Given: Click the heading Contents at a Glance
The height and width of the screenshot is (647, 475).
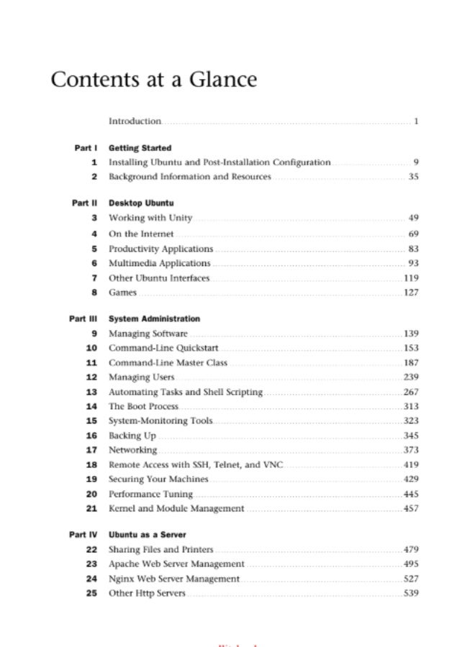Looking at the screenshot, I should point(153,79).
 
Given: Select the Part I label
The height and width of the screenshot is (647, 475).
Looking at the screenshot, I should point(85,148).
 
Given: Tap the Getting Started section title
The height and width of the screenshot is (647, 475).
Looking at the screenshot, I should point(140,148).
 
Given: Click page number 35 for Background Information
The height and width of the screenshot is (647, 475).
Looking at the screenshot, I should point(413,177).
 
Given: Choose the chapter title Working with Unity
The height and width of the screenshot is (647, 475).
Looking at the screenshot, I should point(150,218).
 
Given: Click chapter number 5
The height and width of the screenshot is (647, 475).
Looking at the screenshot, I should point(94,249).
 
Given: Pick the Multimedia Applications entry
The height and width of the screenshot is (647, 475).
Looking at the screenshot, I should point(160,263).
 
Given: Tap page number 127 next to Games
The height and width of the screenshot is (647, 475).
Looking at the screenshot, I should point(410,293).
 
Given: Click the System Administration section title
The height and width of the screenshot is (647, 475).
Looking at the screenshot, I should point(154,319).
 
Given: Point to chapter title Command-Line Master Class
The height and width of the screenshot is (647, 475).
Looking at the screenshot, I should point(168,363).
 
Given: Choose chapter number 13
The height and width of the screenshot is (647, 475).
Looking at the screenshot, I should point(91,393).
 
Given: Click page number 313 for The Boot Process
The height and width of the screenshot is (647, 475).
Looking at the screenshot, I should point(410,407).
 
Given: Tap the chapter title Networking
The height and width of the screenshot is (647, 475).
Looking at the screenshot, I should point(132,450).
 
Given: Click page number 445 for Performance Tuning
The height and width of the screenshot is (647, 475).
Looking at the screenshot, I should point(410,495).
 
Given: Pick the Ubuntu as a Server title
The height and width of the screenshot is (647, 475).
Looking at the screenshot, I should point(148,535).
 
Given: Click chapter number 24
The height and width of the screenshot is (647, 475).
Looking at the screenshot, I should point(91,579).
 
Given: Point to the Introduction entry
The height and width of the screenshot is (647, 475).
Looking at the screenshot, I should point(135,121).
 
